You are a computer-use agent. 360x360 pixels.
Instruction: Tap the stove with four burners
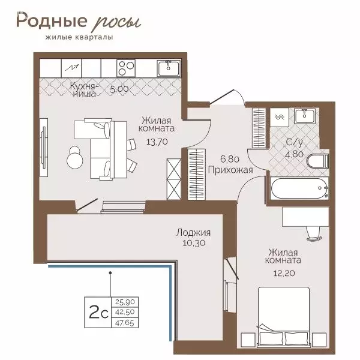[x=127, y=67]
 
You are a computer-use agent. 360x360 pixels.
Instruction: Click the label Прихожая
[x=229, y=170]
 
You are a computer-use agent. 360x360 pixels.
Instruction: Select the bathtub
[x=298, y=190]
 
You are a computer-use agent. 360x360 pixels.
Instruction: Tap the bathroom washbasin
[x=308, y=116]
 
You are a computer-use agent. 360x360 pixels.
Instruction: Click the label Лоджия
[x=193, y=233]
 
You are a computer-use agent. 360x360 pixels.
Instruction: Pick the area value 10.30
[x=193, y=243]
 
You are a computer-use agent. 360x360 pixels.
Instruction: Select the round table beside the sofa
[x=76, y=158]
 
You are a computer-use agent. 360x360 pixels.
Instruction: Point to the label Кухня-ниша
[x=83, y=89]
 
